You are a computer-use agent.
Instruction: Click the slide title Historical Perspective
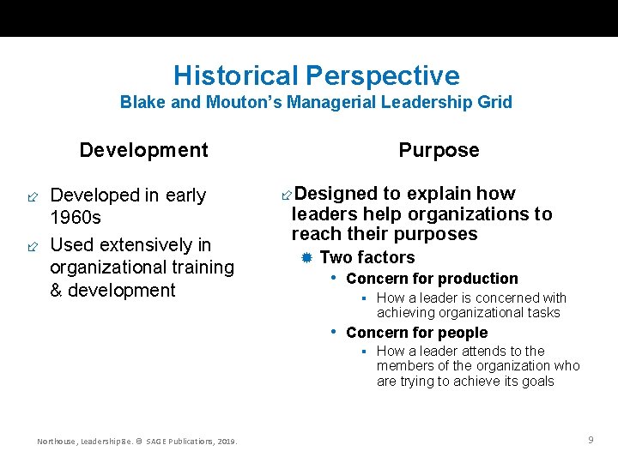[316, 75]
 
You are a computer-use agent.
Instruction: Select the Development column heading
[143, 151]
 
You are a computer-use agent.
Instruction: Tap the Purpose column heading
[439, 151]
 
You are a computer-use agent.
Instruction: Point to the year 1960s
[76, 218]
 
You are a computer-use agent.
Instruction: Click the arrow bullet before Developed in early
[32, 196]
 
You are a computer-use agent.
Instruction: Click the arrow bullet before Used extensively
[32, 246]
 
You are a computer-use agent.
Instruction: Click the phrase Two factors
[367, 258]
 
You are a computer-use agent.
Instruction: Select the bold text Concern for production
[432, 279]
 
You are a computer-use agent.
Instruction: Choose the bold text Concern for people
[416, 333]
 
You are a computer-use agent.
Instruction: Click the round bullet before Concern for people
[335, 332]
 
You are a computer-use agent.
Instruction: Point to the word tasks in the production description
[542, 313]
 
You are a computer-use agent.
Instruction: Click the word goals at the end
[536, 382]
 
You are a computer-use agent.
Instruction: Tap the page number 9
[591, 440]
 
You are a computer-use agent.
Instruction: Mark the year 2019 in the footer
[226, 442]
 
